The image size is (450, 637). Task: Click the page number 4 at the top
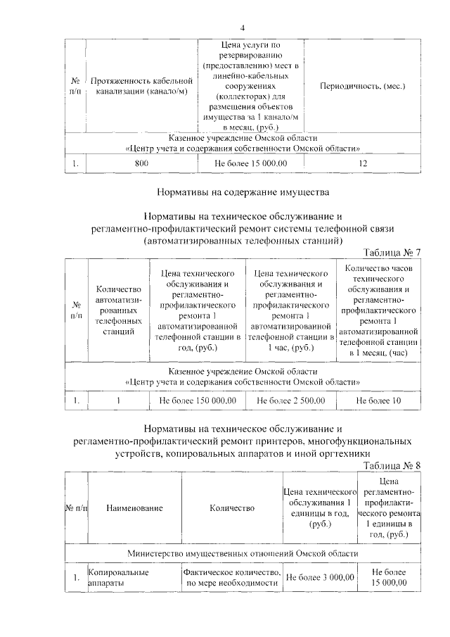point(242,28)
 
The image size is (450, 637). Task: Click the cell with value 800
point(141,163)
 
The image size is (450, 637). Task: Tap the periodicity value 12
point(362,163)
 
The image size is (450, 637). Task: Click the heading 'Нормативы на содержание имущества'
point(242,191)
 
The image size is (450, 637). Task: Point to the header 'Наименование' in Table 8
point(135,507)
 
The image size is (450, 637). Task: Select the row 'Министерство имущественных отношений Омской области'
point(242,553)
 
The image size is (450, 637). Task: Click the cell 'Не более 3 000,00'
point(319,578)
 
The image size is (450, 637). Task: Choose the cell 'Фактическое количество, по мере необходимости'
point(233,578)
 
